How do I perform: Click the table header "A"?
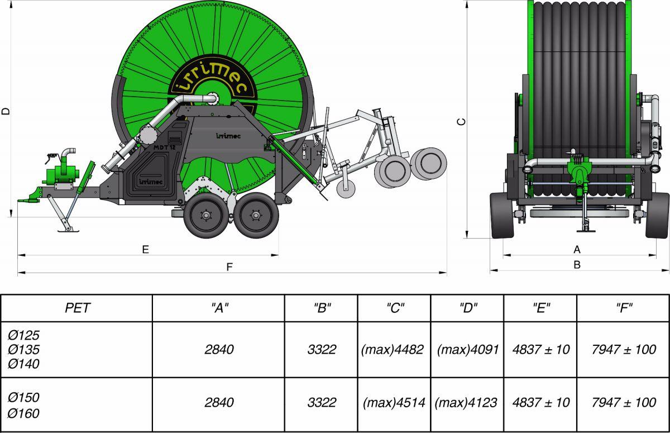[219, 307]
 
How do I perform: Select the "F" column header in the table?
[624, 307]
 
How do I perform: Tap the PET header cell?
[77, 308]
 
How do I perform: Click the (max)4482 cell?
[393, 349]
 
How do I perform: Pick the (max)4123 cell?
[466, 402]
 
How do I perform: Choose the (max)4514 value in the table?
[394, 402]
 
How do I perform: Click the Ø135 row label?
[23, 349]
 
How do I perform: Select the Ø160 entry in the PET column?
[23, 413]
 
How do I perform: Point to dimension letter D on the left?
[6, 111]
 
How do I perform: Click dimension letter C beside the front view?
[462, 122]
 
